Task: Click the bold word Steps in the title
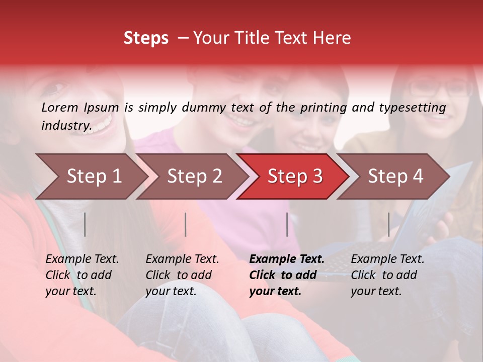point(146,38)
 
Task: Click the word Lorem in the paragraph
point(60,107)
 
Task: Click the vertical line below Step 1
point(85,224)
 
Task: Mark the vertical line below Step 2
point(186,224)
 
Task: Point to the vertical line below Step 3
point(287,224)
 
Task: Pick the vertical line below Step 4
point(388,224)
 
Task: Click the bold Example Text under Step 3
point(287,259)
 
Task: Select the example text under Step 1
point(82,275)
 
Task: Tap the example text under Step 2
point(182,275)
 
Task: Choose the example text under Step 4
point(387,275)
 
